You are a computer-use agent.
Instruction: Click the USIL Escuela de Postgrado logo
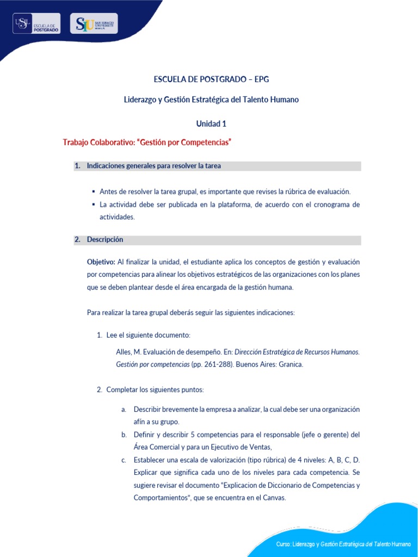coord(36,24)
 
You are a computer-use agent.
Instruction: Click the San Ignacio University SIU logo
coord(94,24)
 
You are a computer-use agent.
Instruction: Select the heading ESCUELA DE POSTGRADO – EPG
coord(211,79)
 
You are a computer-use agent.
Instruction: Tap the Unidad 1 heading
coord(211,123)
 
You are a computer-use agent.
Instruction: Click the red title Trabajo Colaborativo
coord(147,143)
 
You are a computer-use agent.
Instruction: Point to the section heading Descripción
coord(105,240)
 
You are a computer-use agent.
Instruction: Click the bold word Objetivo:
coord(101,262)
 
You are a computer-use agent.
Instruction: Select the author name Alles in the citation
coord(124,352)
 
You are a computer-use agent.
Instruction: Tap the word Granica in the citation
coord(291,364)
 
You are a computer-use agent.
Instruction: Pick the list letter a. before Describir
coord(124,409)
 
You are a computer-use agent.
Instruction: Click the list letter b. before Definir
coord(124,435)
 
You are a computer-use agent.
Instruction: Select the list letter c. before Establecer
coord(124,460)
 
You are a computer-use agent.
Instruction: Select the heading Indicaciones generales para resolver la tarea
coord(153,166)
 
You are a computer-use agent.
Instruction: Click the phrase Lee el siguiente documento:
coord(148,335)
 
